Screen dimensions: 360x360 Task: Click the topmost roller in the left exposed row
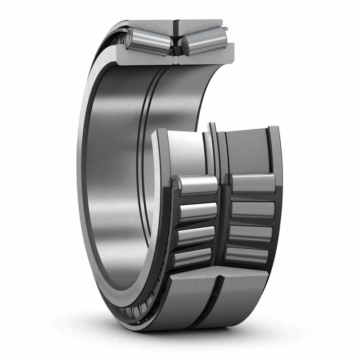pos(196,184)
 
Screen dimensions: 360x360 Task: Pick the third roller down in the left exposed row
pos(196,235)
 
